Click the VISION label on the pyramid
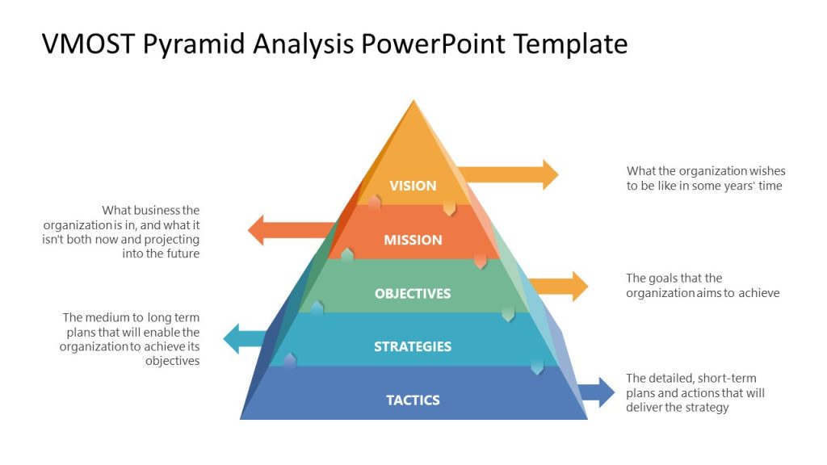[x=413, y=186]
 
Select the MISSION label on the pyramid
[x=413, y=240]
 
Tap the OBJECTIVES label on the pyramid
[x=413, y=293]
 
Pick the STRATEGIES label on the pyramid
[x=413, y=346]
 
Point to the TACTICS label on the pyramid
[x=413, y=400]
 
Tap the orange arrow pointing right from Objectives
[x=561, y=286]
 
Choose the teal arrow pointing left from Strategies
[x=246, y=338]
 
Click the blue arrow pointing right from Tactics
[x=598, y=392]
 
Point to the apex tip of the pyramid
[x=414, y=102]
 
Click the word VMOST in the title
[x=89, y=44]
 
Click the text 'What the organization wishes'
[x=706, y=171]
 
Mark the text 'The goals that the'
[x=674, y=279]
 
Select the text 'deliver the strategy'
[x=677, y=408]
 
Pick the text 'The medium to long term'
[x=131, y=317]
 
